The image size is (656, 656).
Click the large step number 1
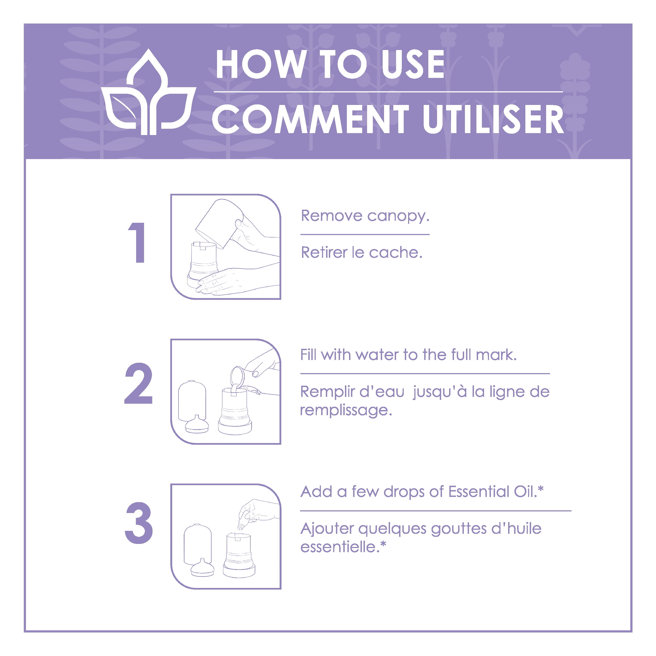click(x=137, y=243)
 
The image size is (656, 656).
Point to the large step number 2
click(x=139, y=383)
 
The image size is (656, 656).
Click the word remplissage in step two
click(x=346, y=410)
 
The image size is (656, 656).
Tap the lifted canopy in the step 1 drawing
click(x=219, y=223)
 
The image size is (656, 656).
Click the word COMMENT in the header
click(x=311, y=119)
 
